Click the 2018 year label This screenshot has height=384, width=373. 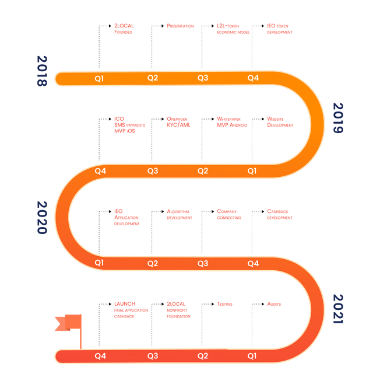pos(42,71)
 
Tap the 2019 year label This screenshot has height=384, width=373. pos(338,118)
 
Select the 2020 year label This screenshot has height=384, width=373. pos(42,217)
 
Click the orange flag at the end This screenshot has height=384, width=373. pos(67,323)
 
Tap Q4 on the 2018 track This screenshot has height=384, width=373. pos(253,78)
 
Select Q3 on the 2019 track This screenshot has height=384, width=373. pos(153,171)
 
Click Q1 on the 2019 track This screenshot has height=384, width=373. pos(252,171)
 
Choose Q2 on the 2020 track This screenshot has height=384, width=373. pos(153,264)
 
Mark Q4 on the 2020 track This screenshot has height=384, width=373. pos(253,264)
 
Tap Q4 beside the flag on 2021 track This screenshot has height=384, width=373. pos(100,355)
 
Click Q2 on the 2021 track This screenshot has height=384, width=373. pos(203,355)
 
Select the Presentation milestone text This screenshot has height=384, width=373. pos(180,26)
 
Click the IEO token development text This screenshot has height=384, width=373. pos(279,29)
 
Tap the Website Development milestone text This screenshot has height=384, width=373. pos(280,121)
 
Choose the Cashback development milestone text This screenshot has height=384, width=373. pos(280,214)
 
